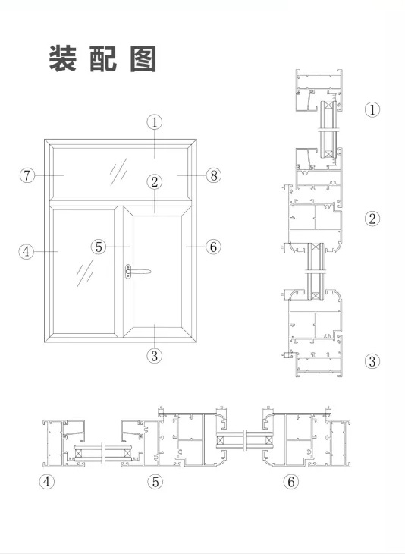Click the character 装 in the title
[63, 58]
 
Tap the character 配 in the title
[103, 58]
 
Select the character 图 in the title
[143, 58]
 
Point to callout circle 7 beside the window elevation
[27, 175]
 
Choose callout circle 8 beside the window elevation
[214, 175]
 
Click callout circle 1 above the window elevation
[154, 122]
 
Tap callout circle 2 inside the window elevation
[154, 182]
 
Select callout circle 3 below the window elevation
[154, 355]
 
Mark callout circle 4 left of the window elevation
[26, 251]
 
